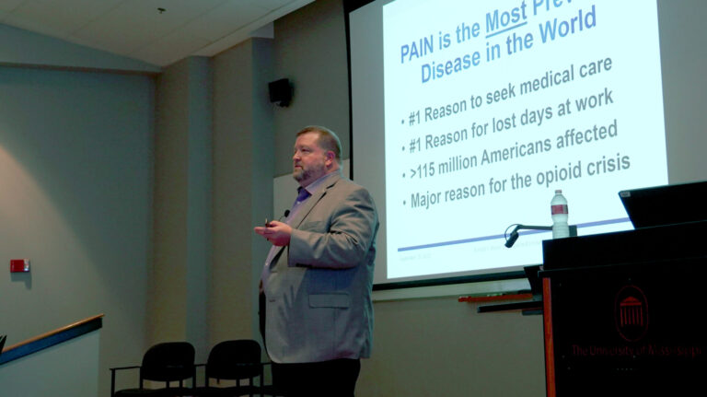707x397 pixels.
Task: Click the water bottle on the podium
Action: [x=559, y=215]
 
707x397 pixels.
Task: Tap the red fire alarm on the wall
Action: [x=18, y=265]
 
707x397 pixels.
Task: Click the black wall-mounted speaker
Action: [x=281, y=91]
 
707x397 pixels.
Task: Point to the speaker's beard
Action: [x=307, y=172]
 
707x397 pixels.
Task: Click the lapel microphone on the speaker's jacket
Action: [x=285, y=215]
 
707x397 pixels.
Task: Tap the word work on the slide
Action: [x=589, y=99]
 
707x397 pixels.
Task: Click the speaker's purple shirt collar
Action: [x=302, y=194]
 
